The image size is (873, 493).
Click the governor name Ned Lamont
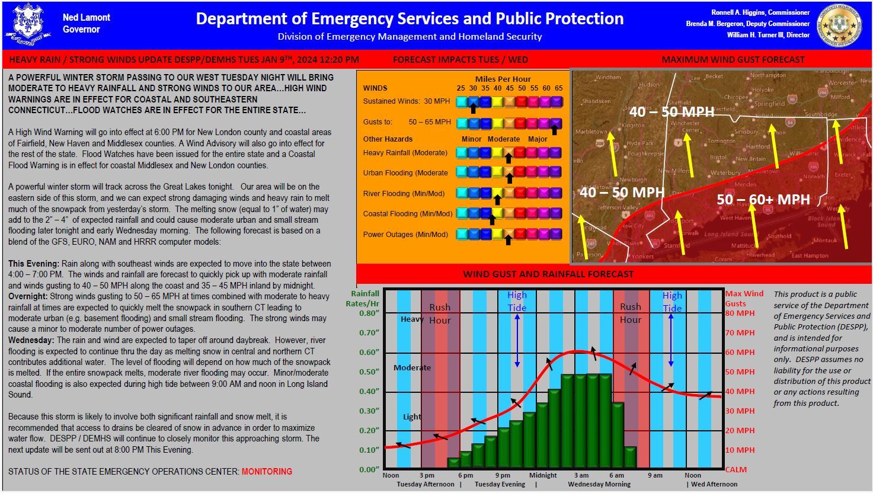(86, 18)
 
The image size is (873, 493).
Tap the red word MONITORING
(267, 472)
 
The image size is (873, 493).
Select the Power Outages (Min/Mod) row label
(405, 235)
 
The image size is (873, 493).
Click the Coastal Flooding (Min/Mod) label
(407, 214)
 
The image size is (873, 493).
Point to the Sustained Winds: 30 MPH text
(406, 101)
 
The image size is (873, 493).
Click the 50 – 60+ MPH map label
(763, 200)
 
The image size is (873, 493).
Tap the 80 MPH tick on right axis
(740, 313)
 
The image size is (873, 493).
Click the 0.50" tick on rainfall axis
(369, 372)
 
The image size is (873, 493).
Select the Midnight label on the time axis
(543, 475)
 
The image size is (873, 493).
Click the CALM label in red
(736, 469)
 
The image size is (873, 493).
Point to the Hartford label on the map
(758, 146)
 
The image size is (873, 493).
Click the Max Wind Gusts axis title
(744, 298)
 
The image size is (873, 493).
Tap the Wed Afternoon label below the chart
(714, 484)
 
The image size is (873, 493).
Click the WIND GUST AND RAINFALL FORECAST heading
(548, 274)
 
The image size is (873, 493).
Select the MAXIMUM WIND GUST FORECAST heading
(733, 59)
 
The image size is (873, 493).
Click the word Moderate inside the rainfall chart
(412, 367)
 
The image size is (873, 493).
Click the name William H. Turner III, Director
(768, 35)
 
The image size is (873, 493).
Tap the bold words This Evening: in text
(33, 264)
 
